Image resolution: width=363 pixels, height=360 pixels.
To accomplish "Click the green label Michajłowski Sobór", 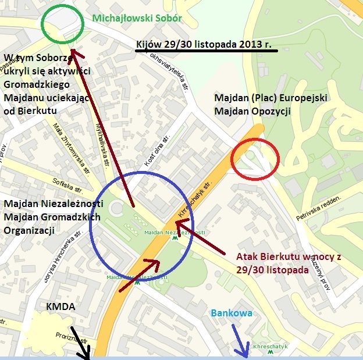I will (x=137, y=18).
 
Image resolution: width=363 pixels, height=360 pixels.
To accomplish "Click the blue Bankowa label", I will (x=232, y=313).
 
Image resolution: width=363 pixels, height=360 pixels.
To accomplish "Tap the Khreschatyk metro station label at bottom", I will (x=271, y=347).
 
